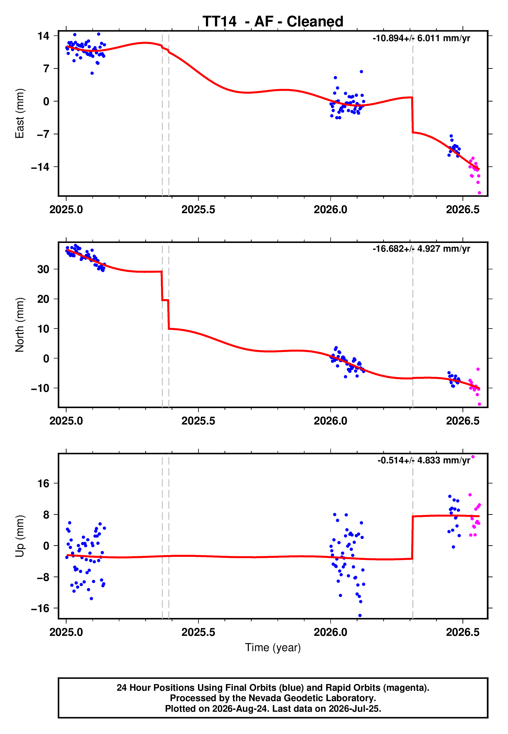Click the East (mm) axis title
20,113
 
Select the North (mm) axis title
20,325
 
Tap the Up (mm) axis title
20,536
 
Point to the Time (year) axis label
273,648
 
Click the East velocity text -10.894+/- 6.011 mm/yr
422,38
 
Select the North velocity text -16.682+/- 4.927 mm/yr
422,249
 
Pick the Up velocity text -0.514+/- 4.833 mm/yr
424,460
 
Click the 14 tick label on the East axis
43,36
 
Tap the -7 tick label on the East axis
43,134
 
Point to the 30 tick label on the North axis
43,269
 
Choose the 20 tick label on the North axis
43,299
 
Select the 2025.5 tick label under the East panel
198,210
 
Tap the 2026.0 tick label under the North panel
330,421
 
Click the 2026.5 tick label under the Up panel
462,632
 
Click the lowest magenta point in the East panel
479,193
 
